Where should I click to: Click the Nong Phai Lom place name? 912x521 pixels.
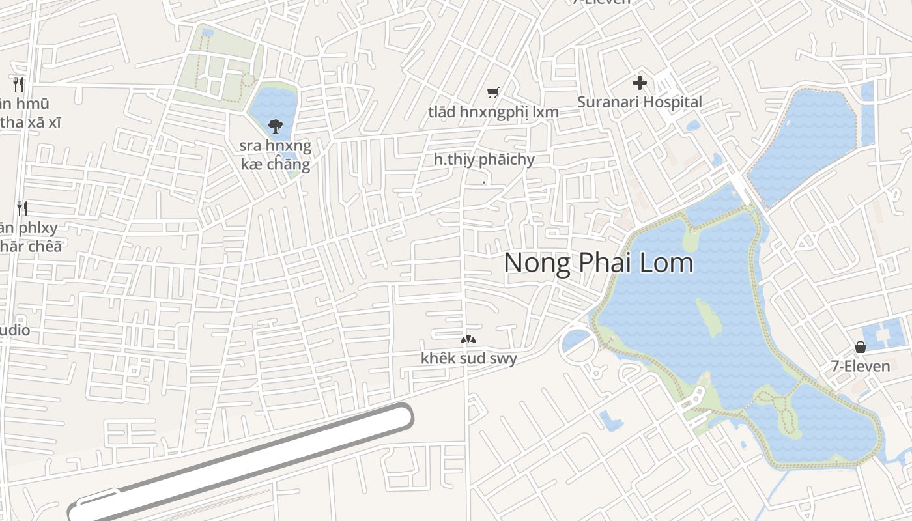(598, 263)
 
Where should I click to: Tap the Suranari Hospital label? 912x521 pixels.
(640, 102)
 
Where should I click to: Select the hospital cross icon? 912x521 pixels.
(640, 83)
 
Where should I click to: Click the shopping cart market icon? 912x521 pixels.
(493, 93)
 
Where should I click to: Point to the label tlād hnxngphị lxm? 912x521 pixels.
(493, 112)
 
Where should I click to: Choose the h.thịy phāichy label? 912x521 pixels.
(484, 160)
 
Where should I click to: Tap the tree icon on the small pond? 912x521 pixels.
(276, 125)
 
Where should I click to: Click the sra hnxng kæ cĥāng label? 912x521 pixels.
(276, 154)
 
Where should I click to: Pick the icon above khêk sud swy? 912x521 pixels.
(468, 339)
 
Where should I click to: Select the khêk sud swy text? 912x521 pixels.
(468, 358)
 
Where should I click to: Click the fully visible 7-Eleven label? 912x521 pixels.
(861, 366)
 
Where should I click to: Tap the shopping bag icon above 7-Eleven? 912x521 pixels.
(861, 347)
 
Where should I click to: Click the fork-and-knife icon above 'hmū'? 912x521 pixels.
(18, 83)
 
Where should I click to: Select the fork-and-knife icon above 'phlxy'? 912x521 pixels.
(22, 208)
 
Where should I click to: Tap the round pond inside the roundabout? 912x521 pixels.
(576, 341)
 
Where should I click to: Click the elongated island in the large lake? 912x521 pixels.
(709, 317)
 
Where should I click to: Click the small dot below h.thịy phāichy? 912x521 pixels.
(484, 183)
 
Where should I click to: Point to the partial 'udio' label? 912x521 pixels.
(14, 330)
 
